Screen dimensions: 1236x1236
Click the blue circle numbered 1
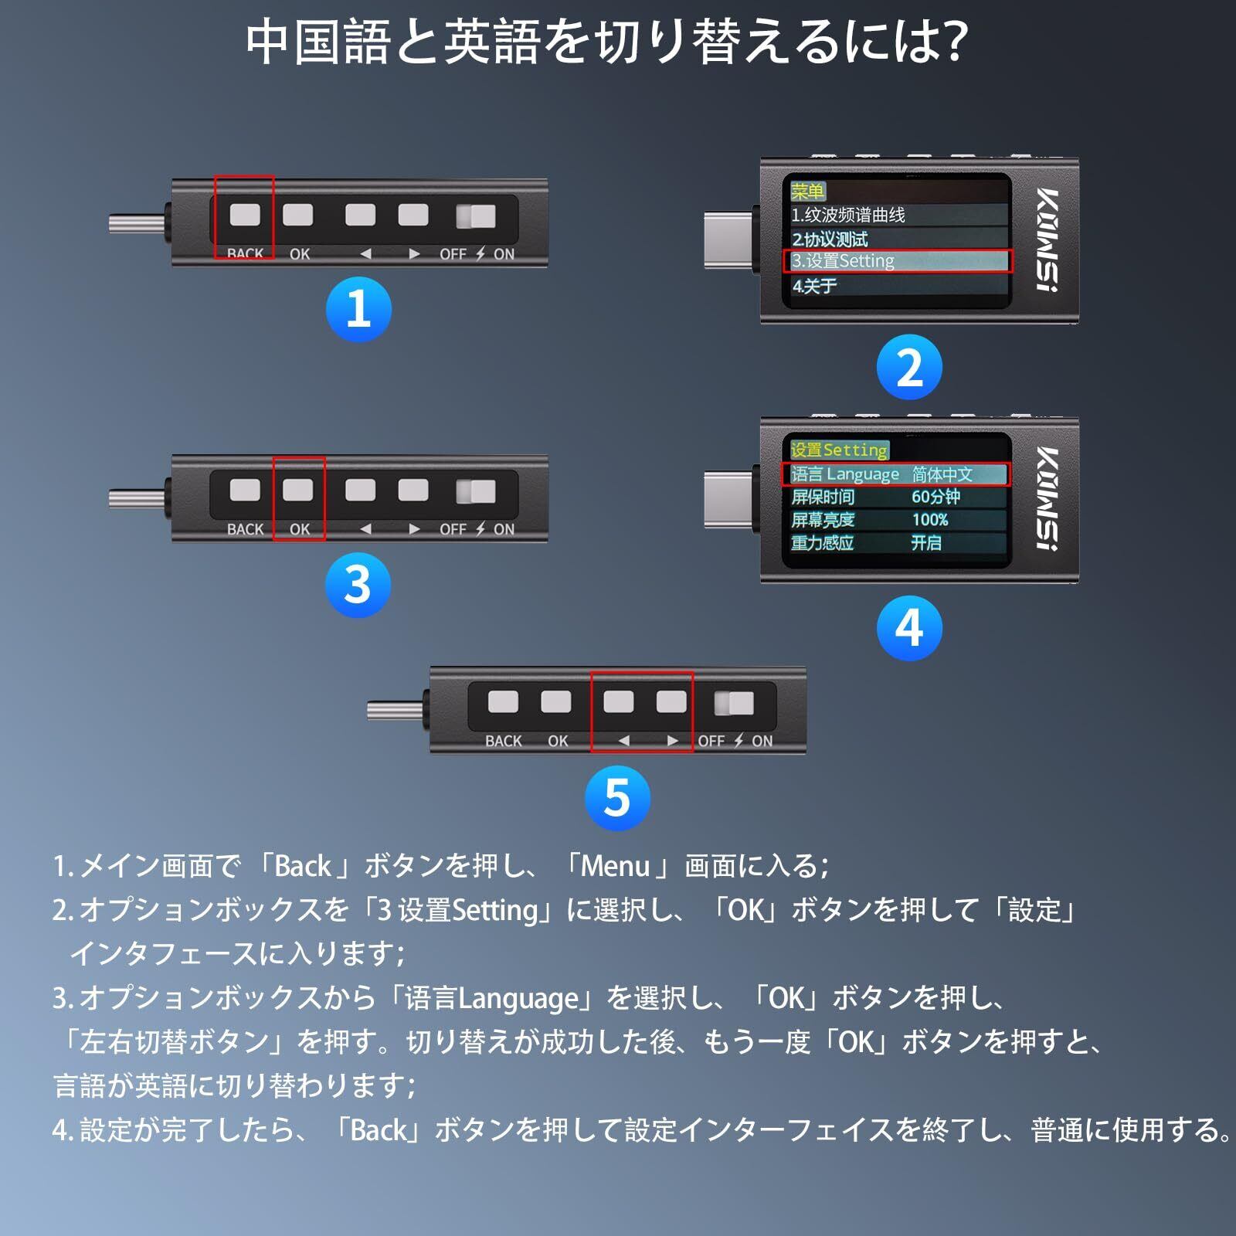[x=358, y=309]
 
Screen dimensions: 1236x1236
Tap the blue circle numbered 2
[x=909, y=368]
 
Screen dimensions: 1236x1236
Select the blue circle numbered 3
[x=358, y=585]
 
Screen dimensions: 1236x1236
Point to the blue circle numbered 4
[x=909, y=628]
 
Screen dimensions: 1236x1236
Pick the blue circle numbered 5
[x=617, y=797]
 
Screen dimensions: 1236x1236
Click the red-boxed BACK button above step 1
[x=244, y=215]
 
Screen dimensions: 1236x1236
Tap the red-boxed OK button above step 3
[x=298, y=490]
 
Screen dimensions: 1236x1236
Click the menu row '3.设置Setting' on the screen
[x=896, y=261]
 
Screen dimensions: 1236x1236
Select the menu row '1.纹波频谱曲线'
[x=848, y=215]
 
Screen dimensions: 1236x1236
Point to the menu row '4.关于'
[x=814, y=286]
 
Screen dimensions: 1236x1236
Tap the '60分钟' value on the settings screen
[x=935, y=497]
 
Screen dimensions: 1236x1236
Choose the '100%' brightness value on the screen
[x=929, y=520]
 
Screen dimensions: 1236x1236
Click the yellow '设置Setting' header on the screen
[x=839, y=450]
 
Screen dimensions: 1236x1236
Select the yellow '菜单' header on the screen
[x=808, y=191]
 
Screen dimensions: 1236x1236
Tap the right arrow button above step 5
[x=671, y=702]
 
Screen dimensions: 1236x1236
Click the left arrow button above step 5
[x=618, y=702]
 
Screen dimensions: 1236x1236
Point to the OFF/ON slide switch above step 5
[x=734, y=703]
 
